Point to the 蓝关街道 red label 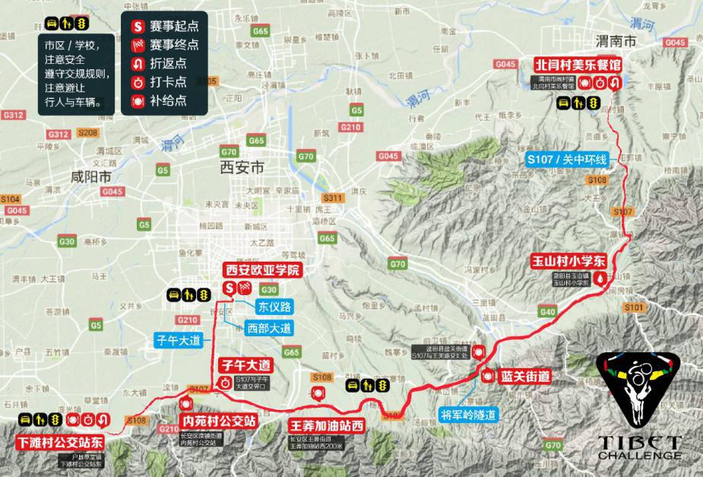(525, 376)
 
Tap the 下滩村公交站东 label (61, 441)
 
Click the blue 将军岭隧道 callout (468, 415)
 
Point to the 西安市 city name (241, 167)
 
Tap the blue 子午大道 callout (179, 342)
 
